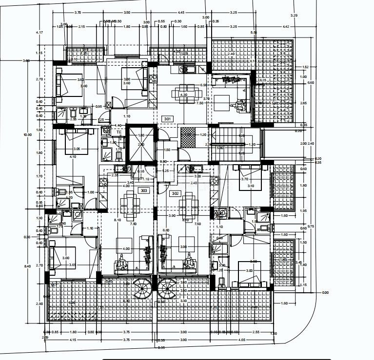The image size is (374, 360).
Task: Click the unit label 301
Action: pyautogui.click(x=167, y=118)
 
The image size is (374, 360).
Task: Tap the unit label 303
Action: pyautogui.click(x=144, y=190)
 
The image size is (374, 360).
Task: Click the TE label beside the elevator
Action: pyautogui.click(x=118, y=132)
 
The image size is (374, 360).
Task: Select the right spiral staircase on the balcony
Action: pyautogui.click(x=167, y=291)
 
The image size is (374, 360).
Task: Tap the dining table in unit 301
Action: pyautogui.click(x=183, y=95)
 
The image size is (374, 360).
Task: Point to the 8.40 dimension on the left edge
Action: pyautogui.click(x=27, y=266)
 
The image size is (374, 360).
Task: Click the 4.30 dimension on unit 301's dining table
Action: pyautogui.click(x=184, y=95)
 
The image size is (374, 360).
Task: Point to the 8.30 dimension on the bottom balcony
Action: pyautogui.click(x=127, y=301)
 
